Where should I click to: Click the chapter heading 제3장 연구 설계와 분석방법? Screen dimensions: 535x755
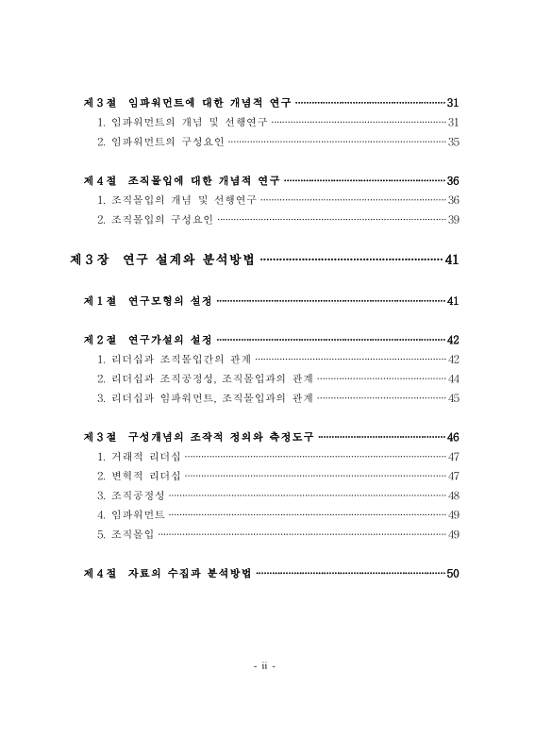point(162,260)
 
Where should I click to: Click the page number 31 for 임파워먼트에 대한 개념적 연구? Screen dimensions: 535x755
point(453,102)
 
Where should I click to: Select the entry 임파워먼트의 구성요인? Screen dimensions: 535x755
point(161,143)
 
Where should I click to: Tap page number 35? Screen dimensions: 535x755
point(453,143)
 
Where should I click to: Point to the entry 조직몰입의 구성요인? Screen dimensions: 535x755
point(156,220)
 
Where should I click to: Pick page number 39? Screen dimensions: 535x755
point(453,220)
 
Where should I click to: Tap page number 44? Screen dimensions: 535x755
point(453,378)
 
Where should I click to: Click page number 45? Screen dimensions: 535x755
point(453,398)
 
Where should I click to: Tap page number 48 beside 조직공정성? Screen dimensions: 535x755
point(453,495)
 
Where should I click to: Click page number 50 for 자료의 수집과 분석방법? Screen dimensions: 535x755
point(453,574)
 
